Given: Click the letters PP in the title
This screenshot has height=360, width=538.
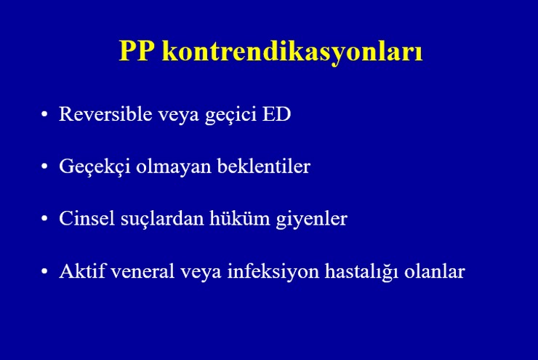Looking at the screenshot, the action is click(x=137, y=51).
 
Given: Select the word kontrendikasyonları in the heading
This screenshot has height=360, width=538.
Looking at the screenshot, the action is click(x=292, y=53).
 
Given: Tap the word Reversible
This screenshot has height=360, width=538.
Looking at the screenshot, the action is click(x=105, y=113).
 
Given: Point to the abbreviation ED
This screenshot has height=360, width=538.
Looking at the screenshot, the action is click(x=276, y=114).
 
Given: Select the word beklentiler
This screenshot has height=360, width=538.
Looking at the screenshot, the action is click(x=263, y=166).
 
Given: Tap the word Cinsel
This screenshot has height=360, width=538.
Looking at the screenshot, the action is click(x=87, y=218).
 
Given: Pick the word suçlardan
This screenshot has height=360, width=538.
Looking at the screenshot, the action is click(x=162, y=220).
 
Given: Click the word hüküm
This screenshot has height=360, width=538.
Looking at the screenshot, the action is click(x=239, y=218).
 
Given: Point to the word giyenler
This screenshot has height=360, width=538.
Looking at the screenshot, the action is click(x=312, y=220).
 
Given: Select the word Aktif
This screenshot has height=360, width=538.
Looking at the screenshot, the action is click(x=82, y=271).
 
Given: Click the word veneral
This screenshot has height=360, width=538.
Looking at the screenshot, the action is click(x=142, y=271).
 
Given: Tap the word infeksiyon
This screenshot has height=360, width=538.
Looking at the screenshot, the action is click(x=273, y=271).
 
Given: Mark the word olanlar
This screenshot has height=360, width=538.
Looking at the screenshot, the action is click(x=435, y=271).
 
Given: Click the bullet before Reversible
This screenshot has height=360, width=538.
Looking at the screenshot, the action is click(x=44, y=115).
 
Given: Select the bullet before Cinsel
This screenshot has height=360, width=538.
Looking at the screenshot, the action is click(x=44, y=219).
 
